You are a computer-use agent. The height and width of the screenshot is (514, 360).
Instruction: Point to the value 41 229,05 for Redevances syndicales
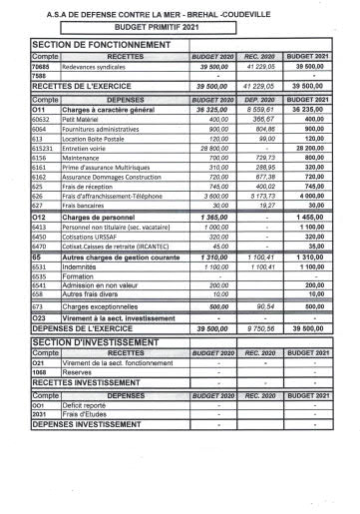pyautogui.click(x=259, y=67)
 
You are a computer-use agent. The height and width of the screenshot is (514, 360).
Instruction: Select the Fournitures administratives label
pyautogui.click(x=101, y=129)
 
